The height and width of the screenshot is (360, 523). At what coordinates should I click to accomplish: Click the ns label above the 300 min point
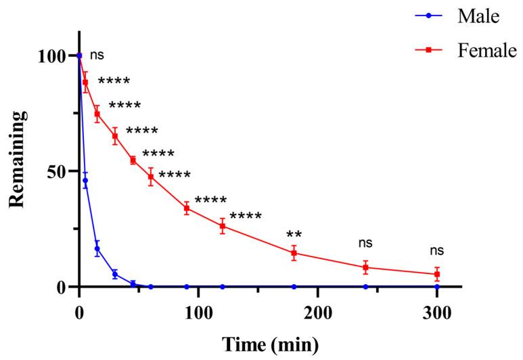(437, 251)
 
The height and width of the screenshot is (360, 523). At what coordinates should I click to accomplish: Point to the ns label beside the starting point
(97, 55)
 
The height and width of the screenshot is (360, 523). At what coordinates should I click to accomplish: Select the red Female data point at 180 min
(294, 253)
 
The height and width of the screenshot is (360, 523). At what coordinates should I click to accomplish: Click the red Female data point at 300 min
(437, 274)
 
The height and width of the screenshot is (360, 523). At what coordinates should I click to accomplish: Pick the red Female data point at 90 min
(187, 208)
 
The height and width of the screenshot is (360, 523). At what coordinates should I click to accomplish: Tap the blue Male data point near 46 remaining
(85, 181)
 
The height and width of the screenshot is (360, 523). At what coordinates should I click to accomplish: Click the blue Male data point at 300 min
(437, 287)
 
